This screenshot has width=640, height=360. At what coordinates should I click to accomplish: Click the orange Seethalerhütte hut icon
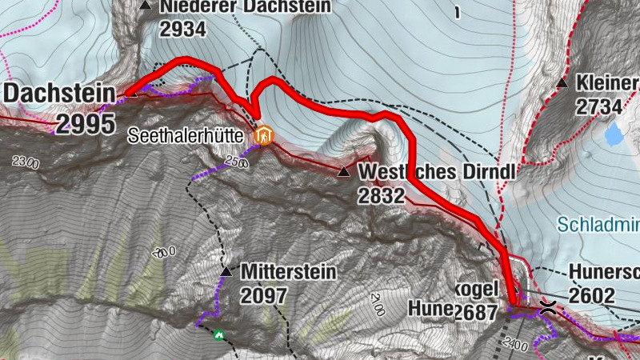coord(262,137)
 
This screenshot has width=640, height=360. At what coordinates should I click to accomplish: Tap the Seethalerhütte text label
coord(186,137)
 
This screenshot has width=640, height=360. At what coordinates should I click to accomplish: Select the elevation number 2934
coord(182,30)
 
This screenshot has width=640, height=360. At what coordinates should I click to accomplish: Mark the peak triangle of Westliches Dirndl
coord(344,172)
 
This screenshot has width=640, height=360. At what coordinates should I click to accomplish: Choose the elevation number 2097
coord(263,296)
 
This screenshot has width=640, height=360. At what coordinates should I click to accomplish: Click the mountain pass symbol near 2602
coord(549,306)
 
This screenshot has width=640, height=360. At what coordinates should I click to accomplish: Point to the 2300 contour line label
coord(25,162)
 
